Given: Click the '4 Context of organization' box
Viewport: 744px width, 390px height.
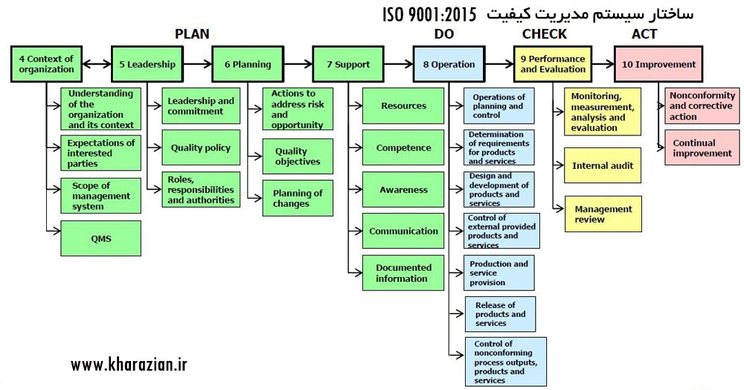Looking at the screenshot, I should [47, 64].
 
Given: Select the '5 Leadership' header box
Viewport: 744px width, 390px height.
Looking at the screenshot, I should [147, 64].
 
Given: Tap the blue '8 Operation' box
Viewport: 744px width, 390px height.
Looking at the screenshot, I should [449, 64].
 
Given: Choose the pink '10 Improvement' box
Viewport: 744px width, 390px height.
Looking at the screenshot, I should [658, 64].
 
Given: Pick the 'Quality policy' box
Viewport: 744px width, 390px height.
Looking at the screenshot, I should [200, 147].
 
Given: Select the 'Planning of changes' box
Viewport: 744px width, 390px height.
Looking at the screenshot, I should [298, 198].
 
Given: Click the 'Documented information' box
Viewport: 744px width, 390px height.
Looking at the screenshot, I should [403, 273].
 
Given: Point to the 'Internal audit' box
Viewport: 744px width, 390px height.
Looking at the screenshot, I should [603, 166].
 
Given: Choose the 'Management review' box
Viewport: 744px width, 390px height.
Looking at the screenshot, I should [603, 214].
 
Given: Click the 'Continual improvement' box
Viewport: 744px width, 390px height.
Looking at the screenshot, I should [702, 148].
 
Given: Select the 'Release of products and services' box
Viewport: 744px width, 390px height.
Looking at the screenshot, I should [500, 314].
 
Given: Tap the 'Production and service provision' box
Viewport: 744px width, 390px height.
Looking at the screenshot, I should [500, 273].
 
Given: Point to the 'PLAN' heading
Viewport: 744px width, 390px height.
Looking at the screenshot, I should [192, 33].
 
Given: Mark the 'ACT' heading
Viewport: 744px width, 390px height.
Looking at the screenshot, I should [644, 33].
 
